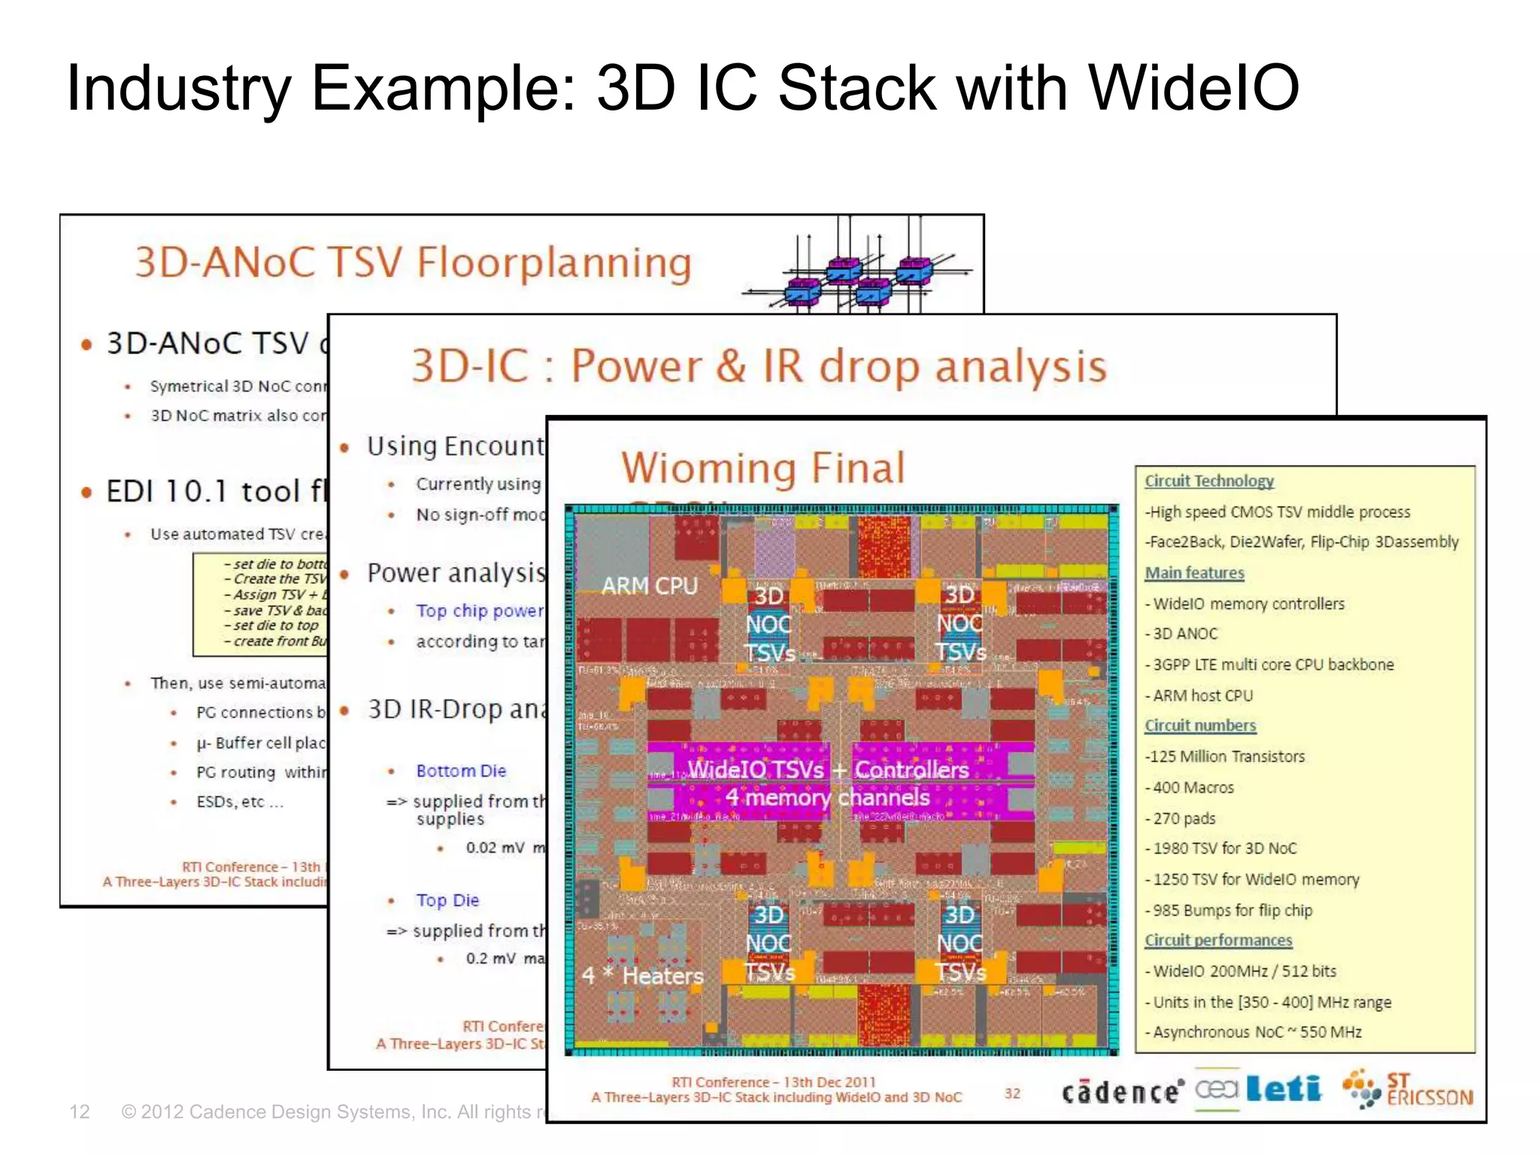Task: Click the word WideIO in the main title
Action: tap(1193, 89)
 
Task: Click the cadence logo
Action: tap(1122, 1091)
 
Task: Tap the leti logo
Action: tap(1283, 1088)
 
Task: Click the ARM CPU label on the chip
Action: tap(650, 586)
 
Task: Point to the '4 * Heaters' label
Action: tap(643, 975)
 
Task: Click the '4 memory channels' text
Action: tap(827, 797)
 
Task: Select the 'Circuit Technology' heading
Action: tap(1208, 480)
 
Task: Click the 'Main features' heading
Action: tap(1194, 573)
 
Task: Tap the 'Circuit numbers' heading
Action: tap(1200, 726)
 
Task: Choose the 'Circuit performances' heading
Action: tap(1218, 940)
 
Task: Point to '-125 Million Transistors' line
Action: tap(1225, 756)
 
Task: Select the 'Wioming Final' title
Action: tap(762, 468)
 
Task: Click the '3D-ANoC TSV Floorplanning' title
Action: tap(413, 263)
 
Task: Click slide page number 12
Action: tap(79, 1111)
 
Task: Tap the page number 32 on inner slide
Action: tap(1012, 1093)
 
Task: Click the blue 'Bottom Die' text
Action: tap(461, 771)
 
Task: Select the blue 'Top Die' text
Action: tap(447, 900)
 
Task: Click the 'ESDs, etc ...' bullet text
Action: tap(240, 802)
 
